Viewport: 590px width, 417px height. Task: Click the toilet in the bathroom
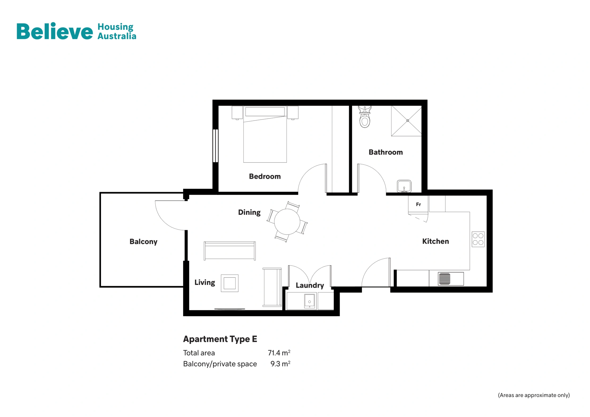pyautogui.click(x=365, y=118)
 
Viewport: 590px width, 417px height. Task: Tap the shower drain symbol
pyautogui.click(x=408, y=121)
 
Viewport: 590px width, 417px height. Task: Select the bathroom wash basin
pyautogui.click(x=404, y=186)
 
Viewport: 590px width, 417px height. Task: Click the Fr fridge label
pyautogui.click(x=418, y=204)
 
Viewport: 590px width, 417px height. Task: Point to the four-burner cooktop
pyautogui.click(x=478, y=239)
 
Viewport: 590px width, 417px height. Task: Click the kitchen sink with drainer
pyautogui.click(x=450, y=279)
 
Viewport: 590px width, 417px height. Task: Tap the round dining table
pyautogui.click(x=287, y=222)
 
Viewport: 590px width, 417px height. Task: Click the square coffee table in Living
pyautogui.click(x=229, y=283)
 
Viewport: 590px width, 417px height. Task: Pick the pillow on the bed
pyautogui.click(x=265, y=111)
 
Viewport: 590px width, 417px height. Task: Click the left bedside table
pyautogui.click(x=237, y=113)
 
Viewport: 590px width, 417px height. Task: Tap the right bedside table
pyautogui.click(x=293, y=113)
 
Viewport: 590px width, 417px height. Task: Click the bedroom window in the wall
pyautogui.click(x=215, y=146)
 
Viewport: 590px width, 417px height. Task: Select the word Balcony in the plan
pyautogui.click(x=143, y=242)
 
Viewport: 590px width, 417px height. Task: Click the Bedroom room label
pyautogui.click(x=265, y=177)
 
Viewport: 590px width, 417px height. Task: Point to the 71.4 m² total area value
pyautogui.click(x=279, y=353)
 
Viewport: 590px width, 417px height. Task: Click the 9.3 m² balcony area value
pyautogui.click(x=280, y=364)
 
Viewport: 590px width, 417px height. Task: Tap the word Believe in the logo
pyautogui.click(x=55, y=31)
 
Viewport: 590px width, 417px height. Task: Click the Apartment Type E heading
pyautogui.click(x=220, y=339)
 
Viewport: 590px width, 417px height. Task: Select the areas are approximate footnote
pyautogui.click(x=533, y=395)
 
